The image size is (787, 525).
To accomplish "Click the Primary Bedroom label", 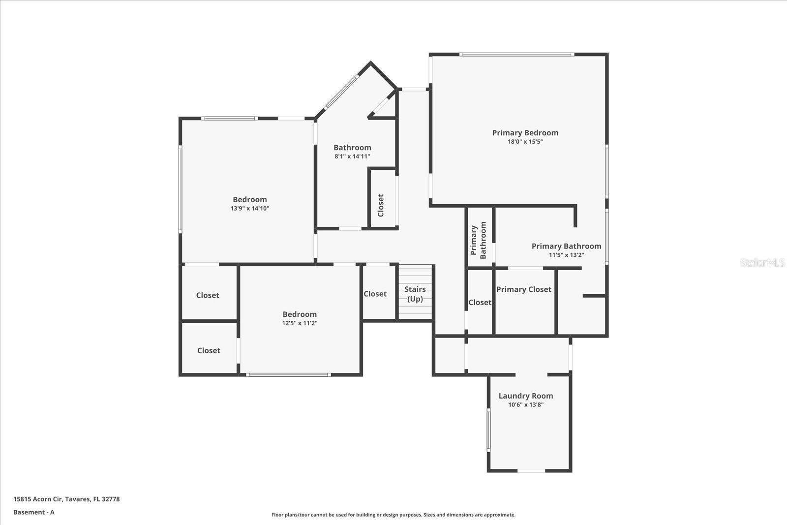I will coord(525,132).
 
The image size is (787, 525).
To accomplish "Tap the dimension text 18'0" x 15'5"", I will coord(525,142).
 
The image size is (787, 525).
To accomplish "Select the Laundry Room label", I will coord(525,396).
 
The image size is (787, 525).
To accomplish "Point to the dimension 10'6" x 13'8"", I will coord(525,405).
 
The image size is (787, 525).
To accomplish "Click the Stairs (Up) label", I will coord(415,294).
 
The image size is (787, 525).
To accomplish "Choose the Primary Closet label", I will coord(523,289).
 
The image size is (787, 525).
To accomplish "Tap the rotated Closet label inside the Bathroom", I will coord(381,205).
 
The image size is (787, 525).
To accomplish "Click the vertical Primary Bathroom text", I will coord(478,240).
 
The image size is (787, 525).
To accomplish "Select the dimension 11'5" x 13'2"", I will coord(566,255).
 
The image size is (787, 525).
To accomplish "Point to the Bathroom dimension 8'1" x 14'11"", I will coord(352,156).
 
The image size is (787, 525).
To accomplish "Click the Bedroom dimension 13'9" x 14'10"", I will coord(250,209).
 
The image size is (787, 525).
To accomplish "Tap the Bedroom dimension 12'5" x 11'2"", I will coord(300,323).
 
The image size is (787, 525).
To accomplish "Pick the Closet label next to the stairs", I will coord(375,294).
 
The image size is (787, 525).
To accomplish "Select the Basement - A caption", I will coord(34,512).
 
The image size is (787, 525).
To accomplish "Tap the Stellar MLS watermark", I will coord(762,262).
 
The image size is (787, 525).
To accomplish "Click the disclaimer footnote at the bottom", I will coord(393,515).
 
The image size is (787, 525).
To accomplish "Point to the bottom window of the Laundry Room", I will coord(531,471).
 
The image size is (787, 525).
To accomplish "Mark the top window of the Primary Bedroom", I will coord(517,54).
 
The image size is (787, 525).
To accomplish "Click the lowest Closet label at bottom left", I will coord(209,350).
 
